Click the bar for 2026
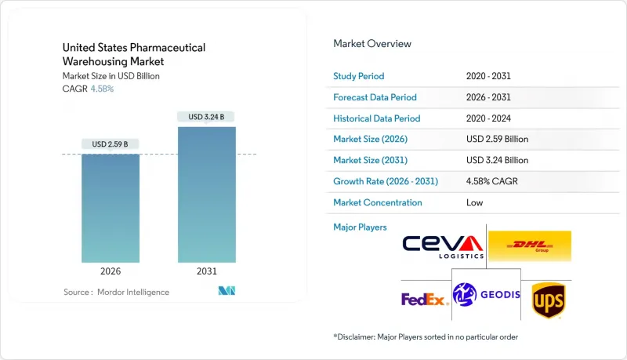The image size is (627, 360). click(111, 208)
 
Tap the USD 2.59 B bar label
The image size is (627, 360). click(111, 144)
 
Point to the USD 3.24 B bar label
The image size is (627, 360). click(206, 117)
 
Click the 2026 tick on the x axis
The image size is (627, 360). click(111, 271)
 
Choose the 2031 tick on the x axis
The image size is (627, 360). click(206, 271)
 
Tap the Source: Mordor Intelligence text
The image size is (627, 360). click(116, 292)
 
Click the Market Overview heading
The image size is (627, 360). click(372, 44)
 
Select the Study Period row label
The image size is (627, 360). click(359, 76)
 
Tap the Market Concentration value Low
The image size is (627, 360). click(475, 202)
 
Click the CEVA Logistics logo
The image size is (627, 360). click(444, 245)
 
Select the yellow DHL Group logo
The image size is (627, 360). click(529, 245)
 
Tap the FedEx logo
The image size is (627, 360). click(424, 299)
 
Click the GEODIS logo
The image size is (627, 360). click(487, 294)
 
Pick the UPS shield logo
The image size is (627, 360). click(548, 300)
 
